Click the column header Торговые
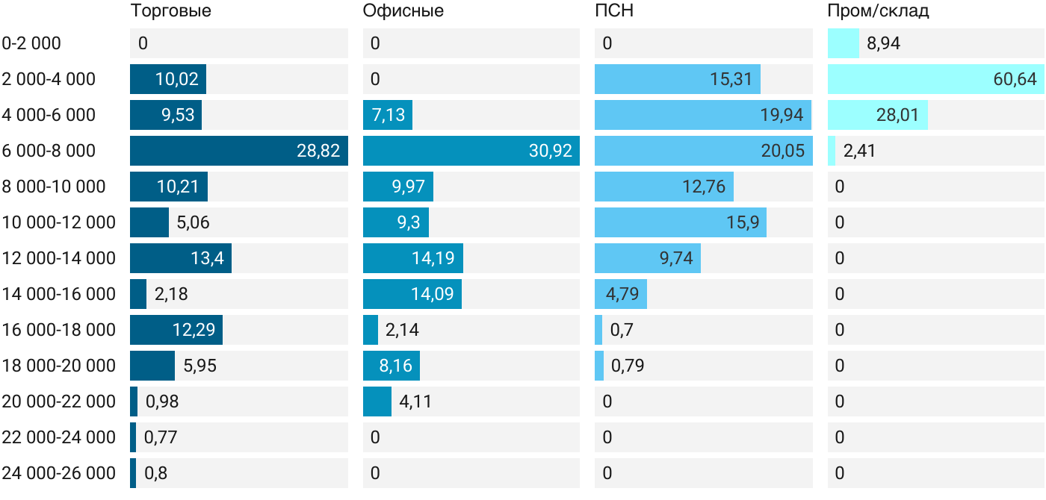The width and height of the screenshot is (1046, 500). point(170,11)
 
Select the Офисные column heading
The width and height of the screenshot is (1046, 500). point(403,11)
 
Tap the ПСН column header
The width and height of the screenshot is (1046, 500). point(614,11)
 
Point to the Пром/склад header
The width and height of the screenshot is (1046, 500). point(878,11)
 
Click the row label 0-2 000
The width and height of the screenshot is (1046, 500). point(31,43)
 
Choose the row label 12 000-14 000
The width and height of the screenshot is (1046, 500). point(59,258)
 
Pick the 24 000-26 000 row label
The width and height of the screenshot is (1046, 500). point(59,473)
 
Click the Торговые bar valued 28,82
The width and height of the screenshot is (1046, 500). point(239,151)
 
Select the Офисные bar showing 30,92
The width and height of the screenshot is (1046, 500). point(471,151)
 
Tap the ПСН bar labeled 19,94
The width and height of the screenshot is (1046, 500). point(703,115)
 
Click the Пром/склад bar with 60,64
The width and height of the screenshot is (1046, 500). point(935,79)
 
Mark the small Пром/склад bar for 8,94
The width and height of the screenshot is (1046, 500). point(844,43)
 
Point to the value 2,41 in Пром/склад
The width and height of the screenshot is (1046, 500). point(859,151)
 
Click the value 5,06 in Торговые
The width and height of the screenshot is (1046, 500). point(193,222)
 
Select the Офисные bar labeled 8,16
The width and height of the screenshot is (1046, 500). point(392,366)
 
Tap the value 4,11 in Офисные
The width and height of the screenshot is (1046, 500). point(415,401)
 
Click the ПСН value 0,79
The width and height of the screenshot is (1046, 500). point(628,366)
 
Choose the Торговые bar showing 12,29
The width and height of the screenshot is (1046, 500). point(176,330)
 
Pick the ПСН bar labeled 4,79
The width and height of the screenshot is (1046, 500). point(621,294)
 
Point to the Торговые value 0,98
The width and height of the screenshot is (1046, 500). point(162,401)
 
